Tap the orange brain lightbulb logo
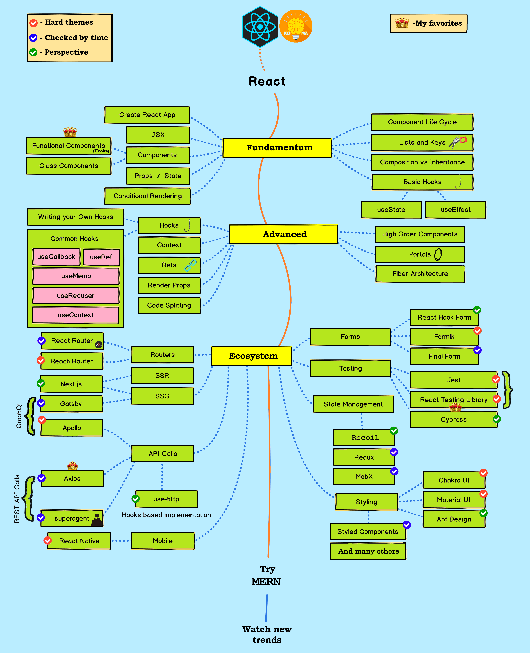(x=296, y=26)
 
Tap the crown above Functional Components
(x=70, y=132)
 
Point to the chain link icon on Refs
(x=190, y=265)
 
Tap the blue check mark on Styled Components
(x=407, y=525)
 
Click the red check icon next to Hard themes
(x=33, y=23)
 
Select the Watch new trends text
(x=267, y=634)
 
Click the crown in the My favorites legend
(x=402, y=23)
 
